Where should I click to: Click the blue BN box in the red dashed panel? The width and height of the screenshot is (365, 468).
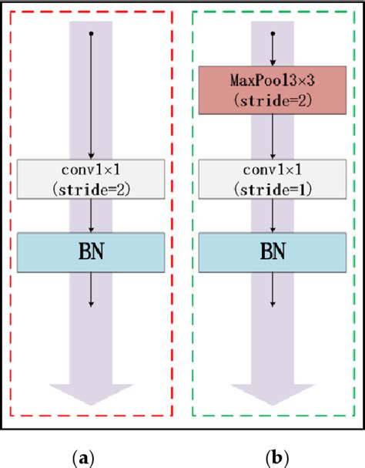pyautogui.click(x=92, y=252)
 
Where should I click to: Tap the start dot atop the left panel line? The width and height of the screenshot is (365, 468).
pyautogui.click(x=92, y=34)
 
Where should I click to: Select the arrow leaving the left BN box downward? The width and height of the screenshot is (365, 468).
pyautogui.click(x=92, y=289)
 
